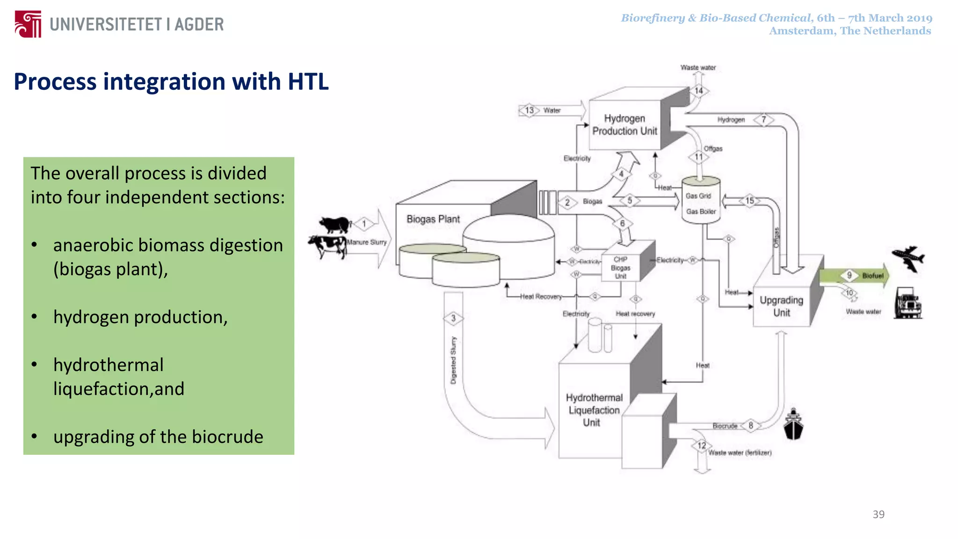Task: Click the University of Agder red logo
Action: pyautogui.click(x=28, y=24)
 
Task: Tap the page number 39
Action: pyautogui.click(x=878, y=514)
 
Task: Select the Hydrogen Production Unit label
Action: pyautogui.click(x=624, y=125)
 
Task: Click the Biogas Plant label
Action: pyautogui.click(x=433, y=219)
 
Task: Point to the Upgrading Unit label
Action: pyautogui.click(x=781, y=306)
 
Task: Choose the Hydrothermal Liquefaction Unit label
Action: pyautogui.click(x=594, y=410)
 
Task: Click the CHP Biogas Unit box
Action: pyautogui.click(x=621, y=268)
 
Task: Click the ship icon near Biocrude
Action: pyautogui.click(x=793, y=424)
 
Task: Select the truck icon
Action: pyautogui.click(x=907, y=304)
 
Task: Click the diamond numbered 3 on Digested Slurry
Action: pyautogui.click(x=453, y=318)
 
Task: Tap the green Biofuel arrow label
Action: pyautogui.click(x=872, y=276)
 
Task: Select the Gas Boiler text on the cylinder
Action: pyautogui.click(x=701, y=211)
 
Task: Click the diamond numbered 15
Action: pyautogui.click(x=750, y=201)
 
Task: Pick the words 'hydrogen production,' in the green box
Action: pyautogui.click(x=140, y=317)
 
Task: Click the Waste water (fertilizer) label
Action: pyautogui.click(x=739, y=452)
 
